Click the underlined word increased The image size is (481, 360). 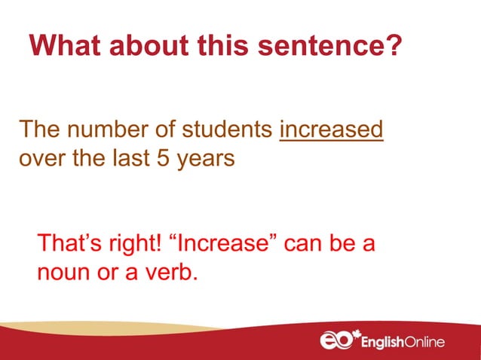click(x=332, y=130)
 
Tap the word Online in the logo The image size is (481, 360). click(x=424, y=343)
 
